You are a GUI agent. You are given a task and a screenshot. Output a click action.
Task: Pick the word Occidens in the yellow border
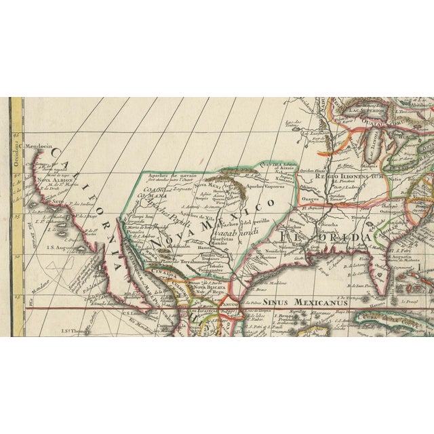pos(16,144)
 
